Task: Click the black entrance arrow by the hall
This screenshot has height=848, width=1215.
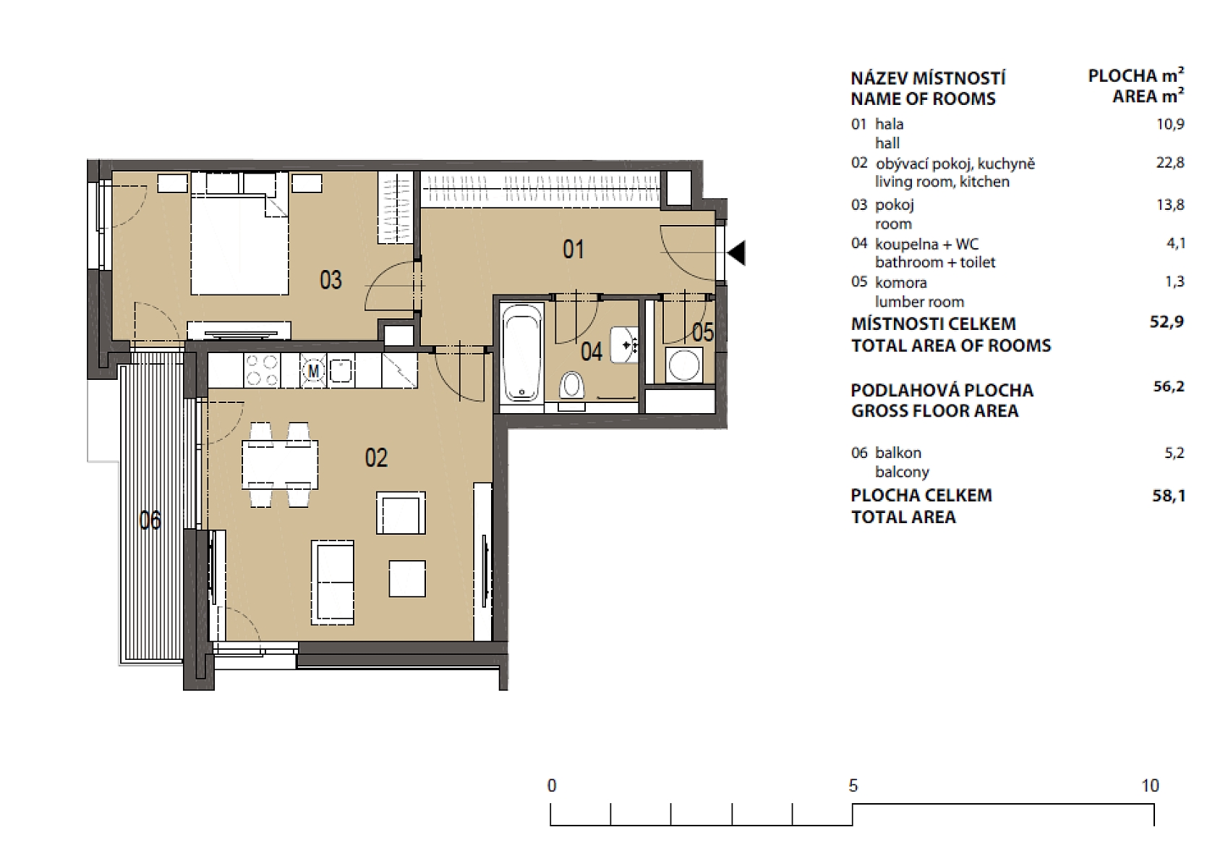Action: (737, 253)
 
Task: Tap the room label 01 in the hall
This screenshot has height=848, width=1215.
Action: (574, 250)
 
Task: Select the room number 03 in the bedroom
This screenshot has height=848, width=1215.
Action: (331, 280)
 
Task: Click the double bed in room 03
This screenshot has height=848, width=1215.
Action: (239, 239)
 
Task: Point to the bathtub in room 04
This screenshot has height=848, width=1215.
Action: (521, 352)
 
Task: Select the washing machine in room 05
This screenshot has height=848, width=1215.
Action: (683, 365)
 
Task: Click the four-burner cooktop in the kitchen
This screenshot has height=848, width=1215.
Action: (262, 370)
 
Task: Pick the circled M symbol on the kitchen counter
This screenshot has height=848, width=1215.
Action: (314, 371)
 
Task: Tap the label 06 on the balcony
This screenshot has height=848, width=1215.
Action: (150, 520)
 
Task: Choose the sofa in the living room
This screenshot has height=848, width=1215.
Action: (333, 582)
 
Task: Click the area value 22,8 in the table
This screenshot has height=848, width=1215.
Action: (1169, 163)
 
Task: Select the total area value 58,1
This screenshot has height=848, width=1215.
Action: (1169, 496)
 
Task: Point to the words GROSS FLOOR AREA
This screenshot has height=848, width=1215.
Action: (934, 411)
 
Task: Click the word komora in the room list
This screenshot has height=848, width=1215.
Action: (900, 283)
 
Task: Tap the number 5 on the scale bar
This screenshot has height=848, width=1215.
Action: (853, 786)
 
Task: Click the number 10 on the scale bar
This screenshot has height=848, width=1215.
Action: (1150, 786)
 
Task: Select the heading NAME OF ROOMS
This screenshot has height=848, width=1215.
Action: (923, 99)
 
